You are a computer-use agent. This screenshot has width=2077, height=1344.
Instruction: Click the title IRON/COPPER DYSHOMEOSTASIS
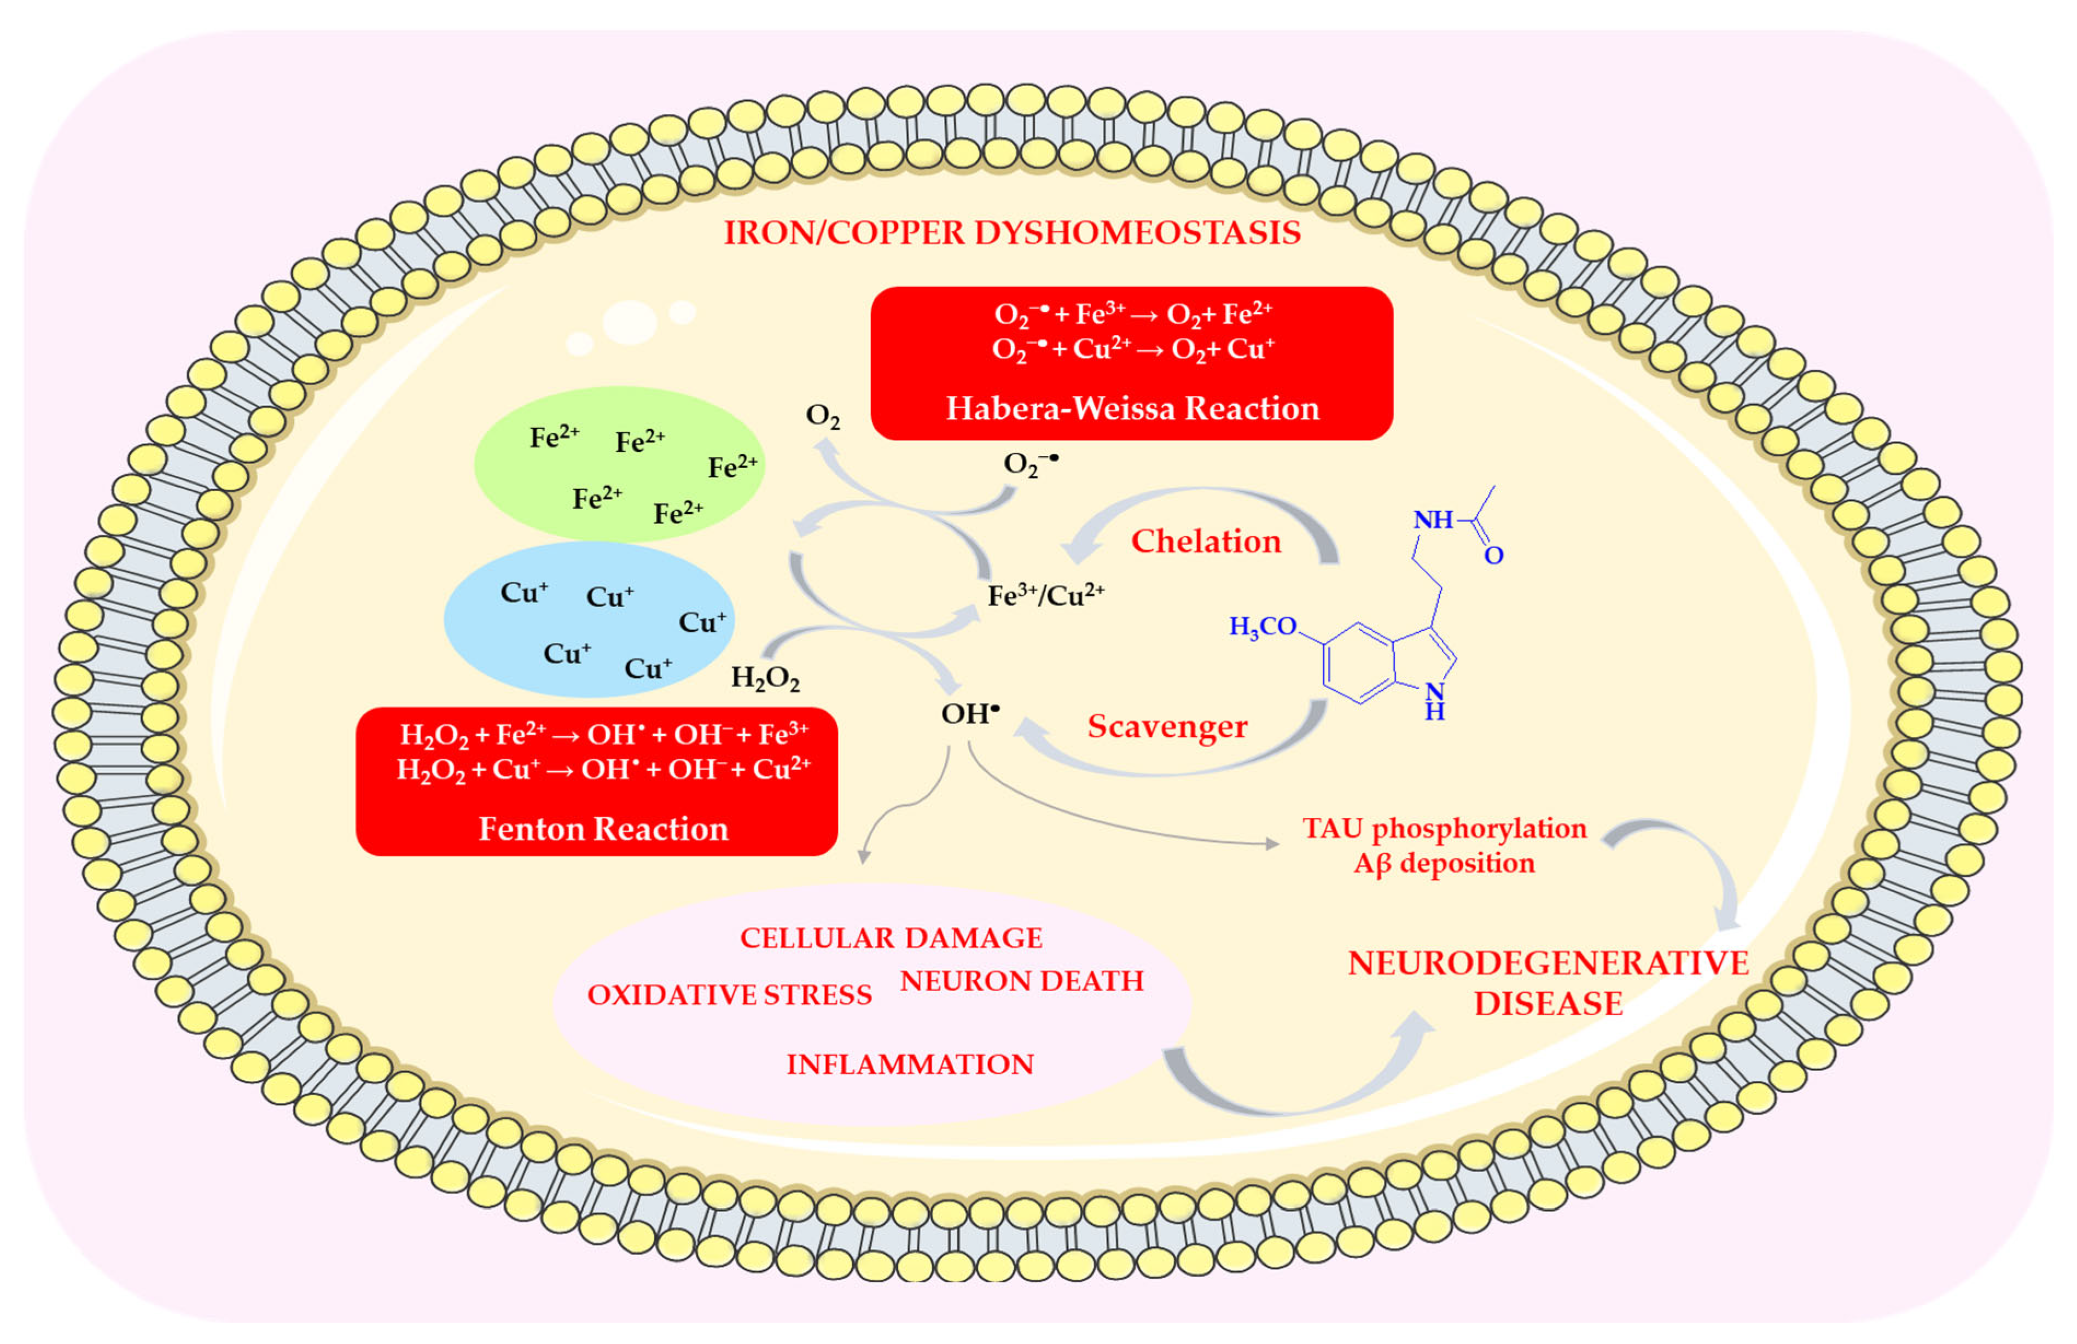1013,233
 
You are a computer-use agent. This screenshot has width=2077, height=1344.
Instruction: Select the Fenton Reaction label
603,828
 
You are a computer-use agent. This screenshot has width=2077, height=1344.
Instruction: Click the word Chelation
1206,541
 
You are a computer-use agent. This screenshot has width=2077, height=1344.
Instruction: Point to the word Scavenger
1167,726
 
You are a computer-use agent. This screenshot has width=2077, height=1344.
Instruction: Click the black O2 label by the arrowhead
822,415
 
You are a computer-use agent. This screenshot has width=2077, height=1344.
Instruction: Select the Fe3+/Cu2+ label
1045,596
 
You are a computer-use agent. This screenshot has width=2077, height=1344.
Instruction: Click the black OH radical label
969,714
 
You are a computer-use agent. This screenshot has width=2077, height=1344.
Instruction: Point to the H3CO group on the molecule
1262,627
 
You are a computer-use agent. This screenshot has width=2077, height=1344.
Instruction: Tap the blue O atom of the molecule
1493,556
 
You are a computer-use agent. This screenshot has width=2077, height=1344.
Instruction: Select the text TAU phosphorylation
1444,828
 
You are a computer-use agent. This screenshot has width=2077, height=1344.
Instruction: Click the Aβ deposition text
1444,863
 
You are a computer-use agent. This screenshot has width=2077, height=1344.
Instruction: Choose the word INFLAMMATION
909,1064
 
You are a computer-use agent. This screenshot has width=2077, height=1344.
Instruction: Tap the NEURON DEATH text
1021,981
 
